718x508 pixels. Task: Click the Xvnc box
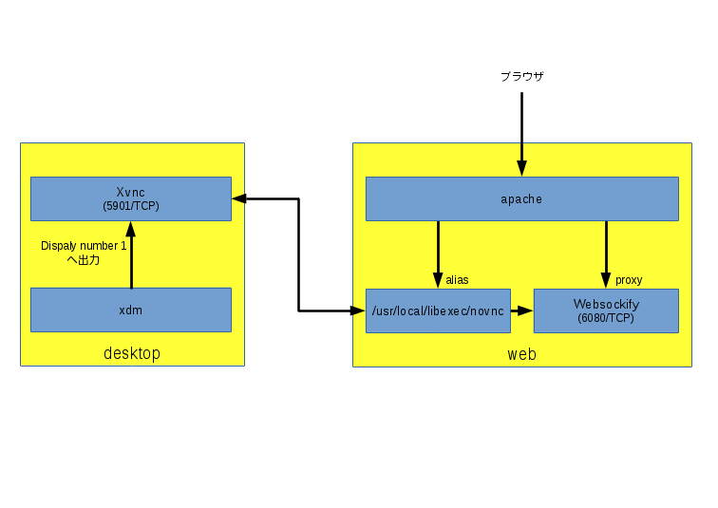coord(131,198)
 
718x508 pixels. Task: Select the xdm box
coord(131,310)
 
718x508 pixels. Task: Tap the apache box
coord(522,198)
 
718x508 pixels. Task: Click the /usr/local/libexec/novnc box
coord(438,310)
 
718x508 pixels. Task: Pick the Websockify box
coord(606,310)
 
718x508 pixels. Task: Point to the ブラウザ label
coord(522,76)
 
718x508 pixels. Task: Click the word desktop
coord(132,353)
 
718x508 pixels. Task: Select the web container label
coord(522,354)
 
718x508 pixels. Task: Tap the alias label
coord(457,279)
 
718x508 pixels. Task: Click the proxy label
coord(629,280)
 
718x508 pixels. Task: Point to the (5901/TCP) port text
coord(131,206)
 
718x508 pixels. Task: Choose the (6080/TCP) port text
coord(606,318)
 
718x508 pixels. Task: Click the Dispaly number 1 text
coord(84,246)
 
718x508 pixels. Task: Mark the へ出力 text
coord(83,260)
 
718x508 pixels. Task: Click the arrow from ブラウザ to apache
coord(521,134)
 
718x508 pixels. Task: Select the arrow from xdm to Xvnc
coord(131,254)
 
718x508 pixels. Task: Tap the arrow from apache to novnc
coord(438,254)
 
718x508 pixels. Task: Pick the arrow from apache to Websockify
coord(606,254)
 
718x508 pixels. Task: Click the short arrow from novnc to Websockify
coord(522,310)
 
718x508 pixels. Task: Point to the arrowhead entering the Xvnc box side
coord(239,198)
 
